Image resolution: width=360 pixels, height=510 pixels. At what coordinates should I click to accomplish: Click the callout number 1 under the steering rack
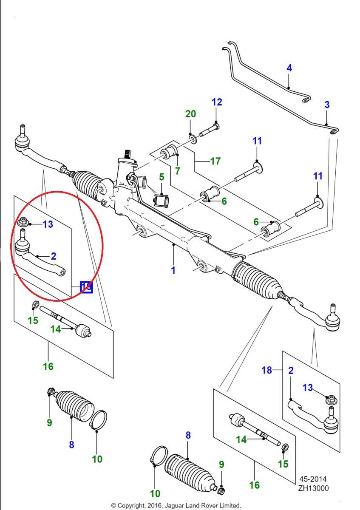point(173,269)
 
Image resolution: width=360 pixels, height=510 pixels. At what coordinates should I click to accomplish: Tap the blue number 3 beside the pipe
point(327,105)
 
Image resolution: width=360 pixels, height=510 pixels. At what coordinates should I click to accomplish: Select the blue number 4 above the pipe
point(289,68)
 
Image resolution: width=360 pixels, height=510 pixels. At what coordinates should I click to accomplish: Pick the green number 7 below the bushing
point(177,171)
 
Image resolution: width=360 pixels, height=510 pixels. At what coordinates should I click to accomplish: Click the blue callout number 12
point(217,102)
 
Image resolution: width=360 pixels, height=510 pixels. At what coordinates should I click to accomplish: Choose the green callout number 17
point(215,161)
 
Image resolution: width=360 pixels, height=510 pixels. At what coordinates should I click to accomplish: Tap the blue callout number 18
point(266,370)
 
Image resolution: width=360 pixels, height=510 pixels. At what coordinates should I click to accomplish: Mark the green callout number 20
point(190,114)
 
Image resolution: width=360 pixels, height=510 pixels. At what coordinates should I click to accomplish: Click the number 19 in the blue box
point(86,287)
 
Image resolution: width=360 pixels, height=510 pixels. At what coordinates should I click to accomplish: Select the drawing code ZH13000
point(314,488)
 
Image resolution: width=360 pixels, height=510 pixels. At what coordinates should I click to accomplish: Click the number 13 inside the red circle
point(48,224)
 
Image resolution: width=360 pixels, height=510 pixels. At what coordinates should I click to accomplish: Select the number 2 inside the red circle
point(54,256)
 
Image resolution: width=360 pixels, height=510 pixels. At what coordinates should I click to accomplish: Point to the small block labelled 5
point(162,199)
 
